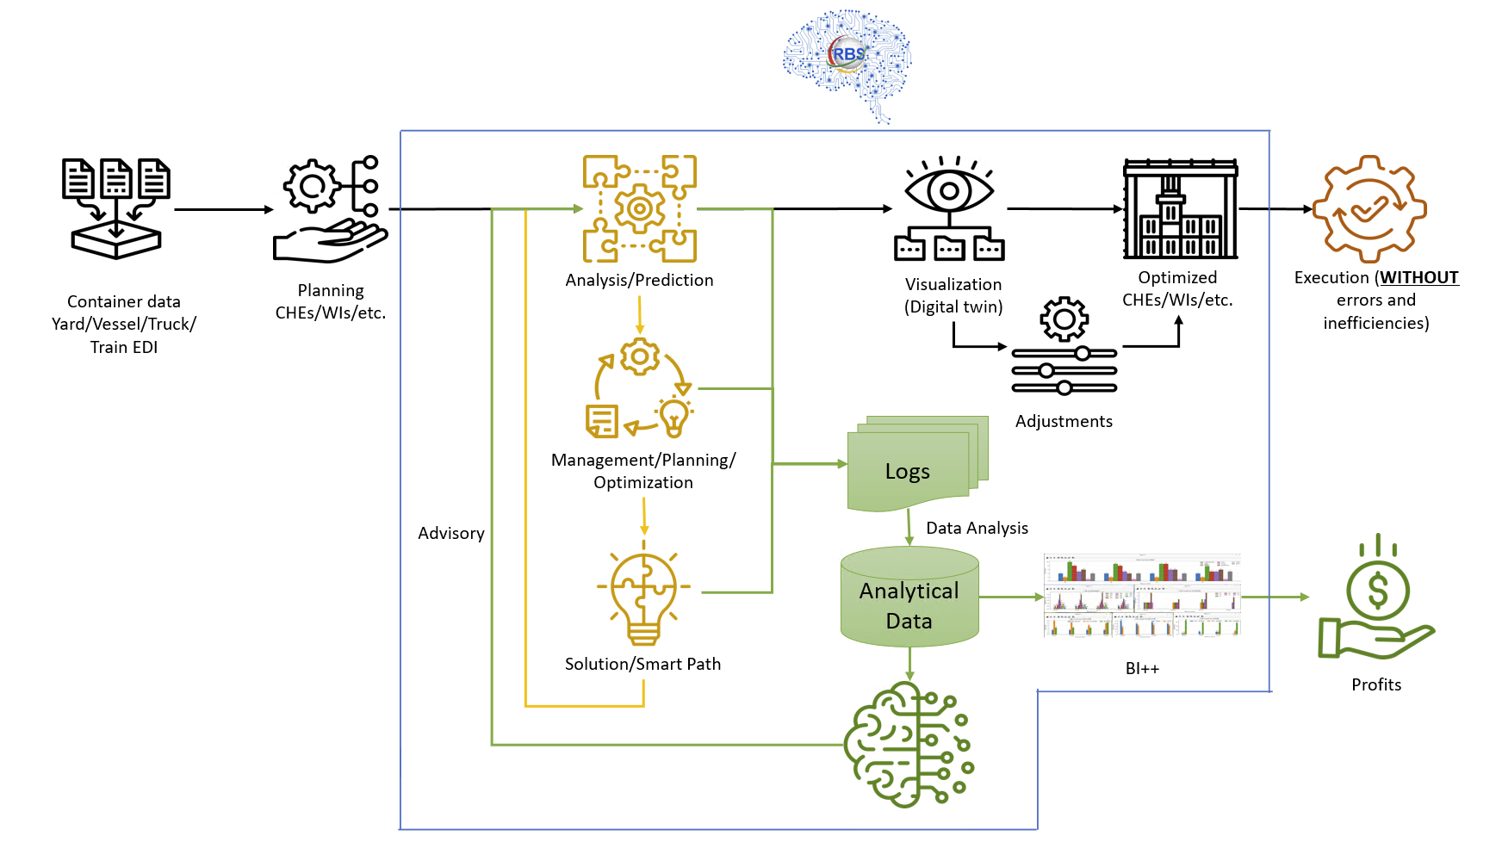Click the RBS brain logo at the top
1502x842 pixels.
tap(847, 62)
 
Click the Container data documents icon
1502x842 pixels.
tap(116, 207)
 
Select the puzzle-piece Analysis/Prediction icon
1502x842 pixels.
tap(639, 208)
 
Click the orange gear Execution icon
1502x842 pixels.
tap(1369, 209)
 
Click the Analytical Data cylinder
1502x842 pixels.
tap(909, 599)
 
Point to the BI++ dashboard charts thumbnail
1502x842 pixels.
tap(1142, 596)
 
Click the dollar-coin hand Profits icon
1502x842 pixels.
tap(1375, 598)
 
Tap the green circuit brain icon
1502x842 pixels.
tap(909, 745)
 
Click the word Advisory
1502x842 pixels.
tap(451, 533)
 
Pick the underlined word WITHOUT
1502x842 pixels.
tap(1419, 277)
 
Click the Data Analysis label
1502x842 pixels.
tap(977, 528)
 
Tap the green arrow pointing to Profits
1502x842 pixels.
tap(1275, 597)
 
